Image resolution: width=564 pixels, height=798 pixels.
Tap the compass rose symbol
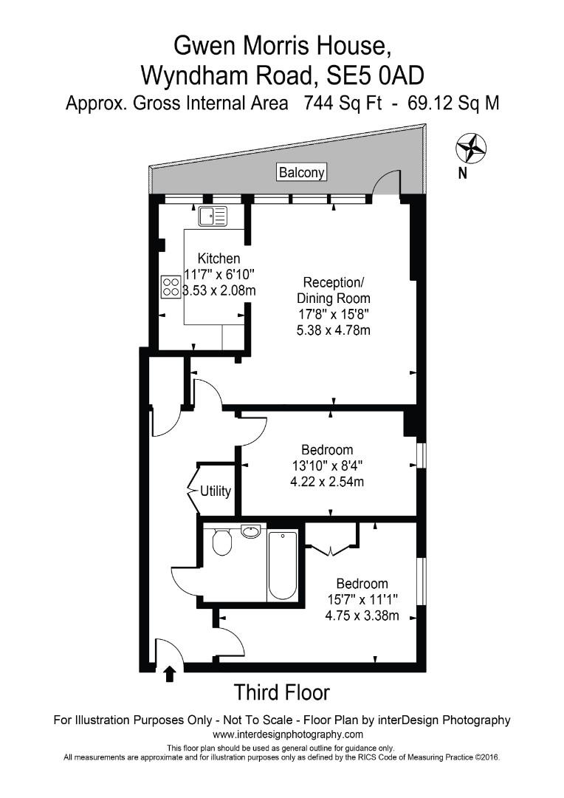[470, 148]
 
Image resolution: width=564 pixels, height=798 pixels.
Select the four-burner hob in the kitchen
[171, 287]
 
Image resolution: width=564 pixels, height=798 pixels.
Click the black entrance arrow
[170, 673]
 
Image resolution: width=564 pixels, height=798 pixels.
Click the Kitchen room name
[219, 259]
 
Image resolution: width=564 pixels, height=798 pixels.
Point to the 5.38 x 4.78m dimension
[333, 330]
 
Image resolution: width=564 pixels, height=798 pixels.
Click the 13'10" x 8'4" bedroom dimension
[327, 466]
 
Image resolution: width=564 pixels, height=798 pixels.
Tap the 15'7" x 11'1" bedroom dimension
[362, 600]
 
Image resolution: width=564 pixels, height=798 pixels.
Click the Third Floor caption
[281, 693]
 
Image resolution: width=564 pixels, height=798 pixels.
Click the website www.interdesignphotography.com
[288, 734]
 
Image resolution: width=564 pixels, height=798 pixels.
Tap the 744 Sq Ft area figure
[342, 103]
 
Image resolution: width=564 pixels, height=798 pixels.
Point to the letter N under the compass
[463, 174]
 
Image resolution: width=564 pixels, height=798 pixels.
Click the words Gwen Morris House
[281, 46]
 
